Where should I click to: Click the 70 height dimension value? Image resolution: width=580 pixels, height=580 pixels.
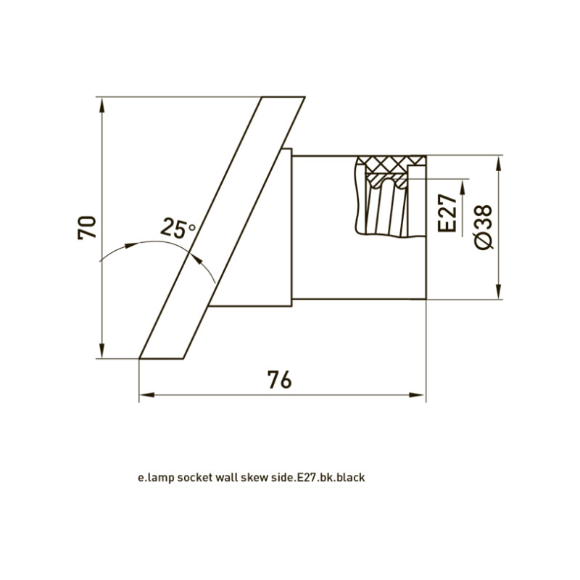click(87, 227)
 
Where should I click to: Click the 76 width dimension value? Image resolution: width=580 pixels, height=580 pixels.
click(280, 379)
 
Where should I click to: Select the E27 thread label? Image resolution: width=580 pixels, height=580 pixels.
click(447, 213)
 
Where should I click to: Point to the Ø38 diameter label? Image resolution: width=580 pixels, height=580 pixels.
click(483, 227)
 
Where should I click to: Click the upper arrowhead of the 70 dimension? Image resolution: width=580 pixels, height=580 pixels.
click(102, 105)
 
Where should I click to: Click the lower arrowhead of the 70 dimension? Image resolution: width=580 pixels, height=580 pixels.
click(102, 351)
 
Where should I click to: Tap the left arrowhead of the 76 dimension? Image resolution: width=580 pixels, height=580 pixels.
click(147, 395)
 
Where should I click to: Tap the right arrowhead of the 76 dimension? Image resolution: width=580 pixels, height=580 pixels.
click(418, 395)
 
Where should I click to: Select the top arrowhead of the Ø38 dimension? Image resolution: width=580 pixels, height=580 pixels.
click(499, 164)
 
